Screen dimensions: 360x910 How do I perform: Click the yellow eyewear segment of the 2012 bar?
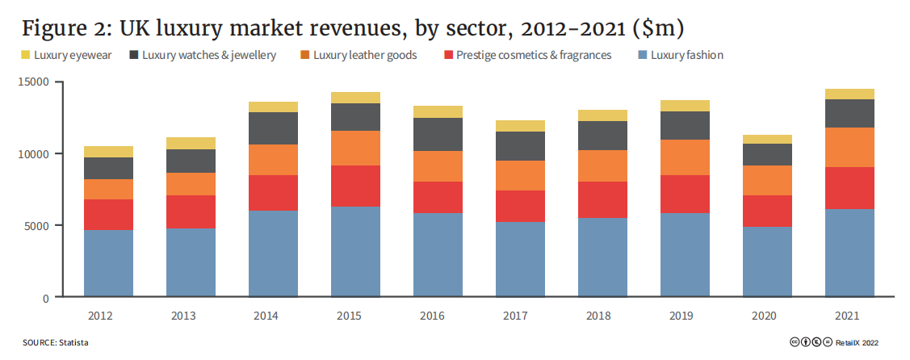click(x=108, y=152)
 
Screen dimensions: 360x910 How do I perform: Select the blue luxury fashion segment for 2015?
click(x=355, y=251)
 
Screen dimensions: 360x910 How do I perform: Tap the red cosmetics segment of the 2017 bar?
click(x=520, y=206)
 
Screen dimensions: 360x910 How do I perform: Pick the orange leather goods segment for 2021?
click(x=849, y=147)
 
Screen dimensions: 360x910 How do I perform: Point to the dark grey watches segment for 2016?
click(x=438, y=134)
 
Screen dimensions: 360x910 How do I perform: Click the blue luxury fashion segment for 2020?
click(x=767, y=262)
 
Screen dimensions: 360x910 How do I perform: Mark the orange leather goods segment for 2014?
click(x=273, y=160)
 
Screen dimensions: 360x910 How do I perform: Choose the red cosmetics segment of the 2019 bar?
click(x=685, y=194)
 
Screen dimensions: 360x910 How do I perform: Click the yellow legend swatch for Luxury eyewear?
click(x=26, y=56)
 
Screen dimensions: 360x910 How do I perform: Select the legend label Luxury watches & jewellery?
click(x=209, y=56)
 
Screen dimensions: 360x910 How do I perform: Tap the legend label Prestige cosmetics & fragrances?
click(x=533, y=56)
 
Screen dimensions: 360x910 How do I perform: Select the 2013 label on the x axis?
click(x=191, y=316)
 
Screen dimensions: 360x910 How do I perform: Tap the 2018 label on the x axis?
click(x=602, y=316)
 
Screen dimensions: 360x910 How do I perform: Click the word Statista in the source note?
click(x=73, y=343)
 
